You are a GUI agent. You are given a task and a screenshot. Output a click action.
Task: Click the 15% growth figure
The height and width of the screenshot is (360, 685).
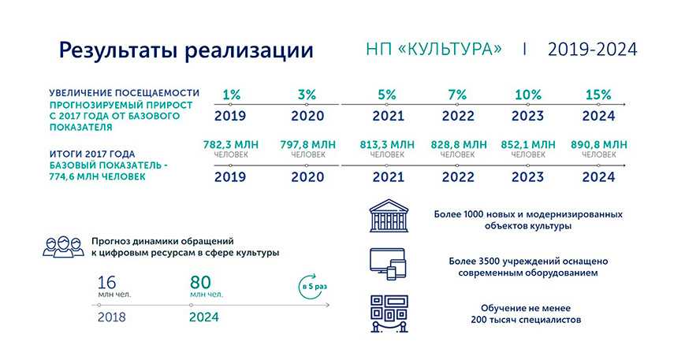[x=598, y=95]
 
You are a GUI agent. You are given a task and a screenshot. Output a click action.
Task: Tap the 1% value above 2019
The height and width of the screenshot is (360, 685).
[x=231, y=95]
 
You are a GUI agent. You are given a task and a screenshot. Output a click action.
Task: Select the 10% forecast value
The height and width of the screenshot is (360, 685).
[x=527, y=95]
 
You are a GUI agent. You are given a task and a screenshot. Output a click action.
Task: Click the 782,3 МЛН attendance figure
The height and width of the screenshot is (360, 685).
[x=231, y=144]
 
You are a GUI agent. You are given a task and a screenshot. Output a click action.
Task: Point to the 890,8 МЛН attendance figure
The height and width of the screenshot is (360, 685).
[x=598, y=144]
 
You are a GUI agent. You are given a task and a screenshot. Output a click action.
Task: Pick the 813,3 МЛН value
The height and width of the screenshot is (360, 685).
[x=387, y=144]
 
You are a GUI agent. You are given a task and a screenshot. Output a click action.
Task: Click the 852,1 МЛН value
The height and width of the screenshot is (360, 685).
[x=527, y=144]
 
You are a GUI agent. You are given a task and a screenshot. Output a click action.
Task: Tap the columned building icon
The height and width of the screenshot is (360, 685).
[x=389, y=216]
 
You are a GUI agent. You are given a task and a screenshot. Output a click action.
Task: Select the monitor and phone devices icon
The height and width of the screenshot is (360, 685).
[x=388, y=264]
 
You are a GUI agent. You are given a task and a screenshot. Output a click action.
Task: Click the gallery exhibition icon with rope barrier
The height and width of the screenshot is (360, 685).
[x=389, y=314]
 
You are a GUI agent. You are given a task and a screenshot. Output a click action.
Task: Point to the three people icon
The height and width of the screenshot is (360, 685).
[x=63, y=247]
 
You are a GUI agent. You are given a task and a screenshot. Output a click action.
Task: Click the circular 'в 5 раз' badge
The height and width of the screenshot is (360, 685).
[x=313, y=287]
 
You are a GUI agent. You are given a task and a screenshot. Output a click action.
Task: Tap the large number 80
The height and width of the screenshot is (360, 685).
[x=200, y=282]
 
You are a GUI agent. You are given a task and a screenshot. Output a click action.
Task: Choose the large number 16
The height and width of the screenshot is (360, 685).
[x=106, y=282]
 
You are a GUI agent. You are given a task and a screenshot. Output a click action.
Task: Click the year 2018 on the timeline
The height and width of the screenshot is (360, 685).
[x=111, y=317]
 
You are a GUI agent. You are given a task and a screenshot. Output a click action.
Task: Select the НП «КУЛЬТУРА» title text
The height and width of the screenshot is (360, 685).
[x=434, y=49]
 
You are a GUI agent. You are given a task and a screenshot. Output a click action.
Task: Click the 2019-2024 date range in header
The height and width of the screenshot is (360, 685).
[x=593, y=50]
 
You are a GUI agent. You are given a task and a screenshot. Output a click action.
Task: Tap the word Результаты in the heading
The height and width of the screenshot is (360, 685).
[x=118, y=50]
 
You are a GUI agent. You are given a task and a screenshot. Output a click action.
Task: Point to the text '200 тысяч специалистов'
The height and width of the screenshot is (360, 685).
[x=526, y=320]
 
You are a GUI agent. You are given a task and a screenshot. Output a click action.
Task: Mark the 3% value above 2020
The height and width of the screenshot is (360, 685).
[x=307, y=95]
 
